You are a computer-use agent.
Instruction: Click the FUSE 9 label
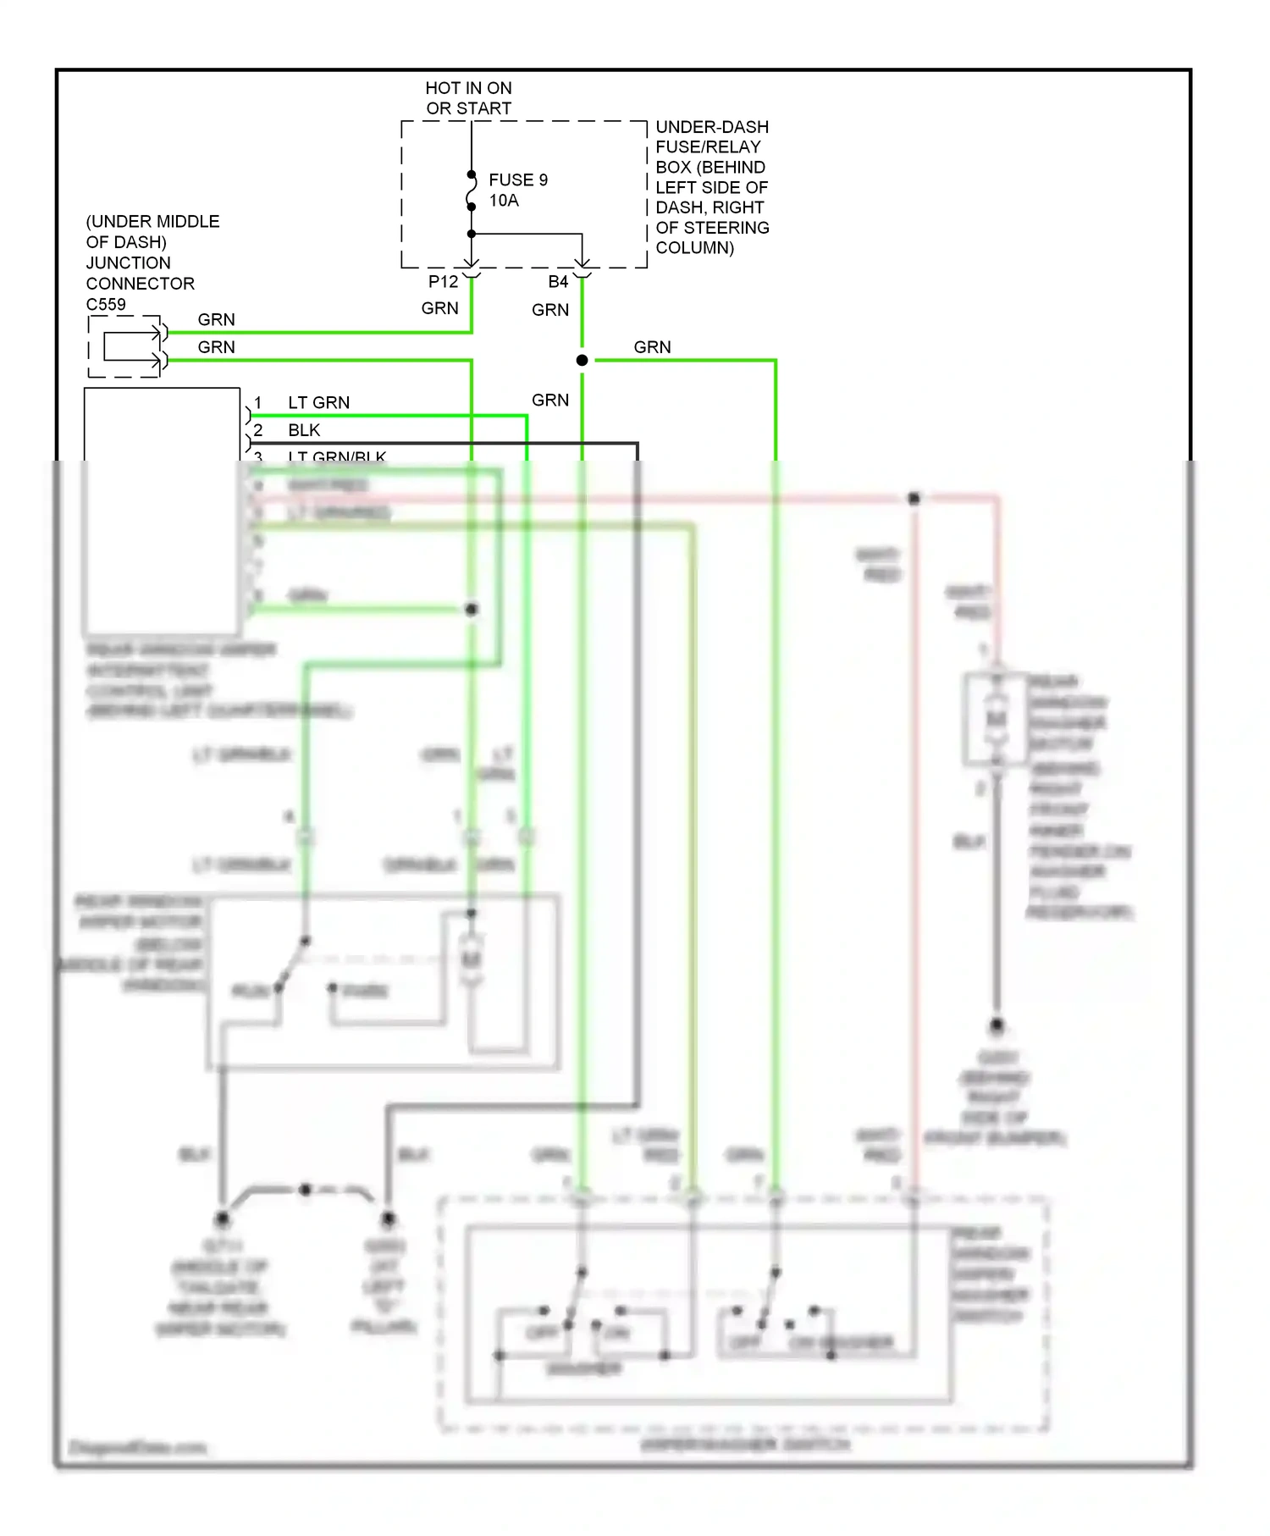tap(517, 180)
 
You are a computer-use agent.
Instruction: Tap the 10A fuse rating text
tap(504, 201)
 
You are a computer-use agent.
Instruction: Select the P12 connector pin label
tap(443, 282)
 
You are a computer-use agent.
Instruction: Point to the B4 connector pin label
tap(558, 282)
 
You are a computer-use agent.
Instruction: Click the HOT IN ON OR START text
tap(468, 98)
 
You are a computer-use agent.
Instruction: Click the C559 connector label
tap(106, 304)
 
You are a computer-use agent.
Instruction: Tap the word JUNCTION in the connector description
tap(128, 262)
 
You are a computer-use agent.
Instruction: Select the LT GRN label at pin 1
tap(318, 403)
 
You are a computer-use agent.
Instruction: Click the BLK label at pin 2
tap(304, 430)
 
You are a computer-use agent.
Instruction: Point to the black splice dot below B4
tap(582, 361)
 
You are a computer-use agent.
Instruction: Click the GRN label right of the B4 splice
tap(652, 347)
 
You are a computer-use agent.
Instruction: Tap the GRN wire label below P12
tap(439, 309)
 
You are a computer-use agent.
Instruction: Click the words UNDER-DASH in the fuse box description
tap(712, 127)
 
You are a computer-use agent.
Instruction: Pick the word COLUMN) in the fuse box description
tap(694, 248)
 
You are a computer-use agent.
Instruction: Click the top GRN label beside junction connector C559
tap(216, 320)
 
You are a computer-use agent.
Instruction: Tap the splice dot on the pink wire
tap(914, 499)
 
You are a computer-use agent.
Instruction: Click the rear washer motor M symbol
tap(996, 719)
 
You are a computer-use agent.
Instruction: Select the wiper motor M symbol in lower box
tap(471, 959)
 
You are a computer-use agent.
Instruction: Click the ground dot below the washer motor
tap(997, 1025)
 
